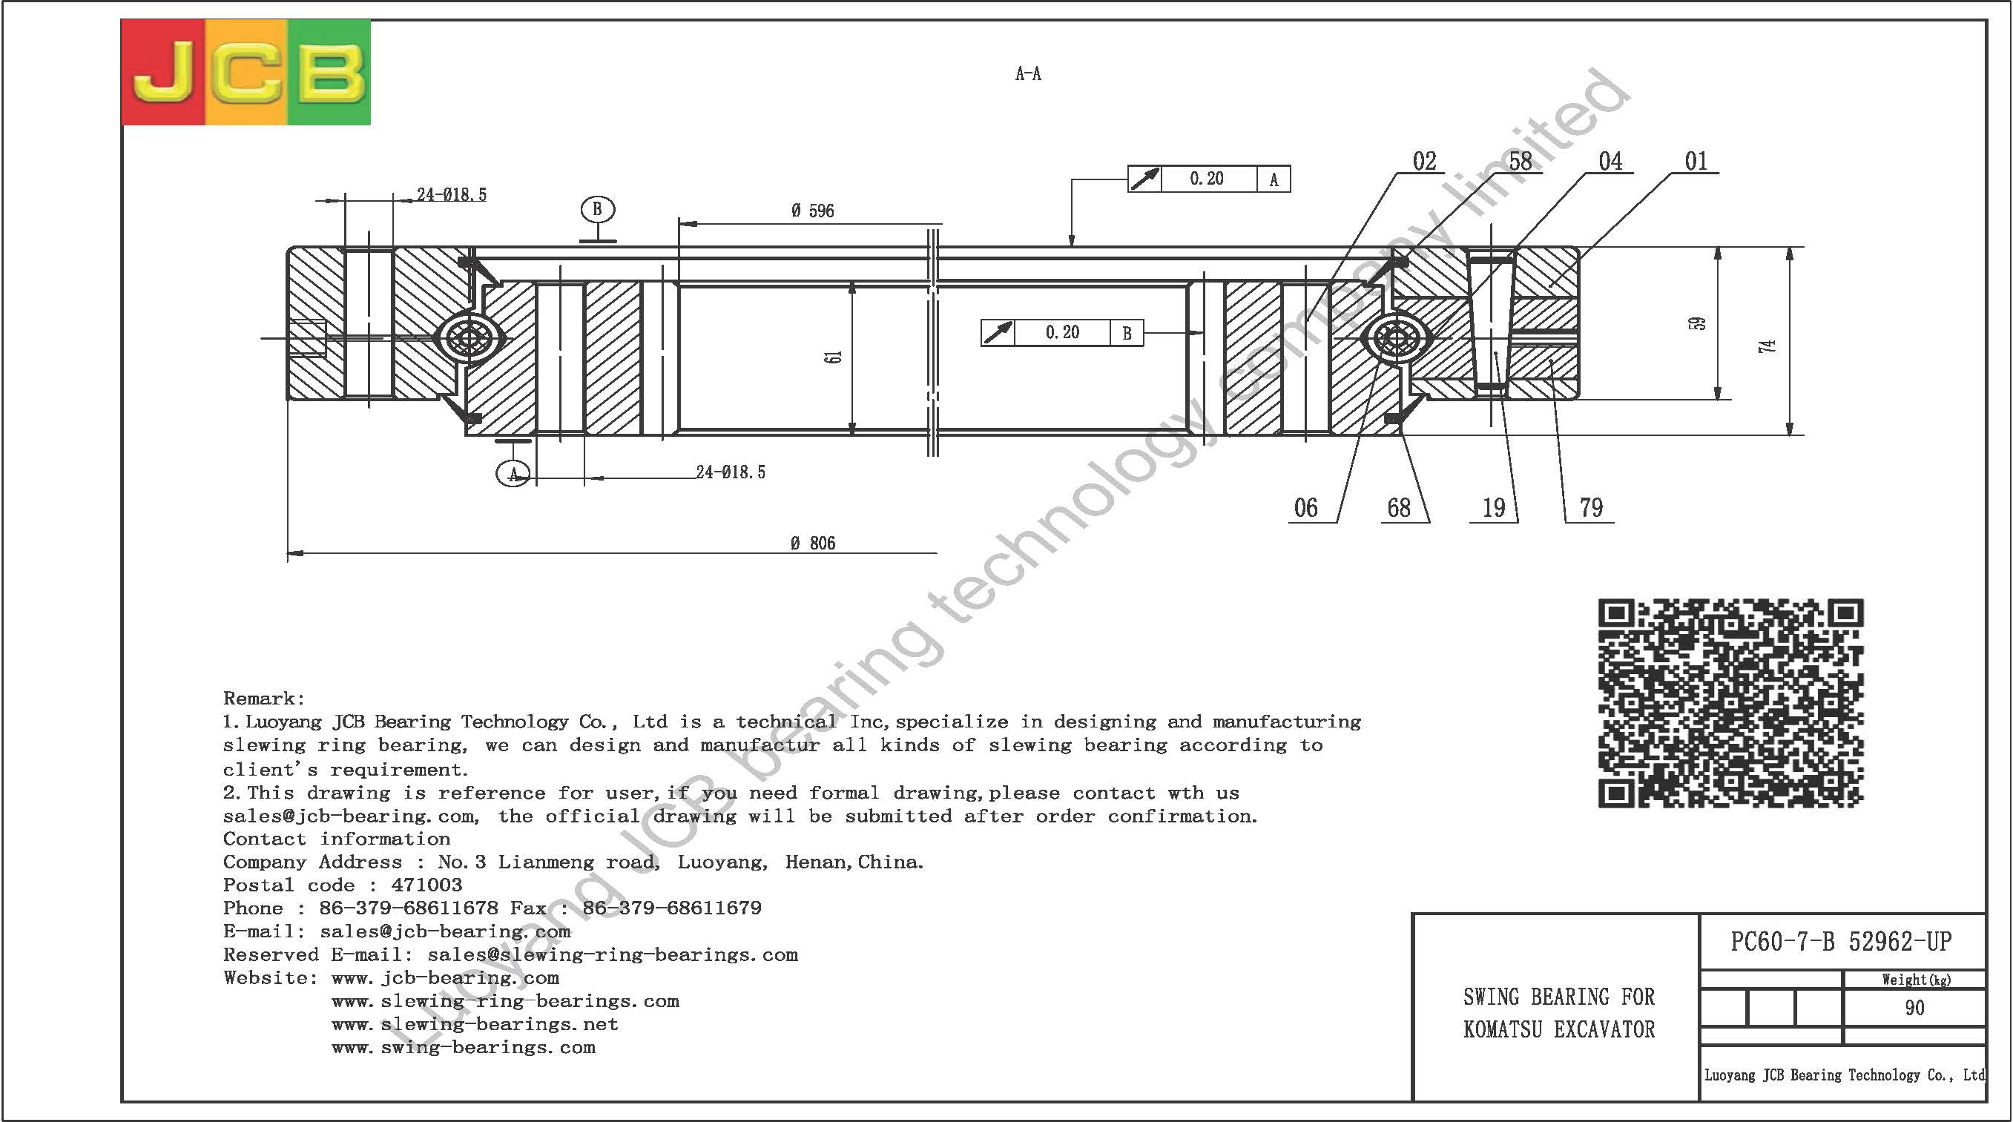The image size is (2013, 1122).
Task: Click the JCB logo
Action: click(x=246, y=72)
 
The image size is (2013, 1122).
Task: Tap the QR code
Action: click(x=1730, y=702)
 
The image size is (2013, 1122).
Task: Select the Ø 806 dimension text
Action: click(x=813, y=543)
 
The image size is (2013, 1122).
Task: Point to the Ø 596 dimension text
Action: click(x=812, y=211)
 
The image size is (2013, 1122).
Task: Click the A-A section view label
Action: click(x=1027, y=73)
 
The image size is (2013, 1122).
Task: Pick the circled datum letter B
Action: click(x=598, y=209)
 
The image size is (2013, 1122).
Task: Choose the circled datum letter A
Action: click(x=513, y=473)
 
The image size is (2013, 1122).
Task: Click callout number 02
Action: click(x=1425, y=161)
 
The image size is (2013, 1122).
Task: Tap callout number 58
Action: click(x=1520, y=161)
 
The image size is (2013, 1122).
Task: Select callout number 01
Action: click(x=1696, y=161)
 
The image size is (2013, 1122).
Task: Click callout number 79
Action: click(x=1591, y=508)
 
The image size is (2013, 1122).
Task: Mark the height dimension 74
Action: click(x=1767, y=346)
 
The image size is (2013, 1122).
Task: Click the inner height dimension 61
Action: click(x=834, y=356)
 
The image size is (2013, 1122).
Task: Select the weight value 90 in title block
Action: click(x=1914, y=1008)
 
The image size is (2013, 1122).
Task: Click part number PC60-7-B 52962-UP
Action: click(x=1841, y=942)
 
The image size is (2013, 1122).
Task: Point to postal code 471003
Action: click(x=426, y=885)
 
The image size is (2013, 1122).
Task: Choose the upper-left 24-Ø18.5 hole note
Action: click(x=451, y=194)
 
